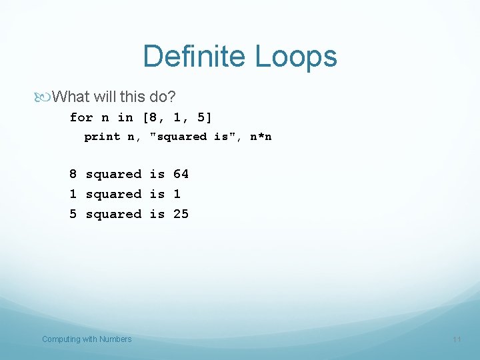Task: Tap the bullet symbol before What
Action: [45, 97]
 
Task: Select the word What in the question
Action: [71, 97]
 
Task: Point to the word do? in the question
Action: [163, 97]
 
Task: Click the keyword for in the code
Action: [81, 118]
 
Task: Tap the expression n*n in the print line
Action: [261, 137]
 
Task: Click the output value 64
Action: [181, 174]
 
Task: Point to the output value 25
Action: [181, 214]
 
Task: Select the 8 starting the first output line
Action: [73, 174]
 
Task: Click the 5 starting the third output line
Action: [73, 214]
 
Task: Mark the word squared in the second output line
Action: [113, 194]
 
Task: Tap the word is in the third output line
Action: [157, 214]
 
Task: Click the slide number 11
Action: [457, 339]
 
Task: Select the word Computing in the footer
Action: [61, 339]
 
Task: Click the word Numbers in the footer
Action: [115, 339]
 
